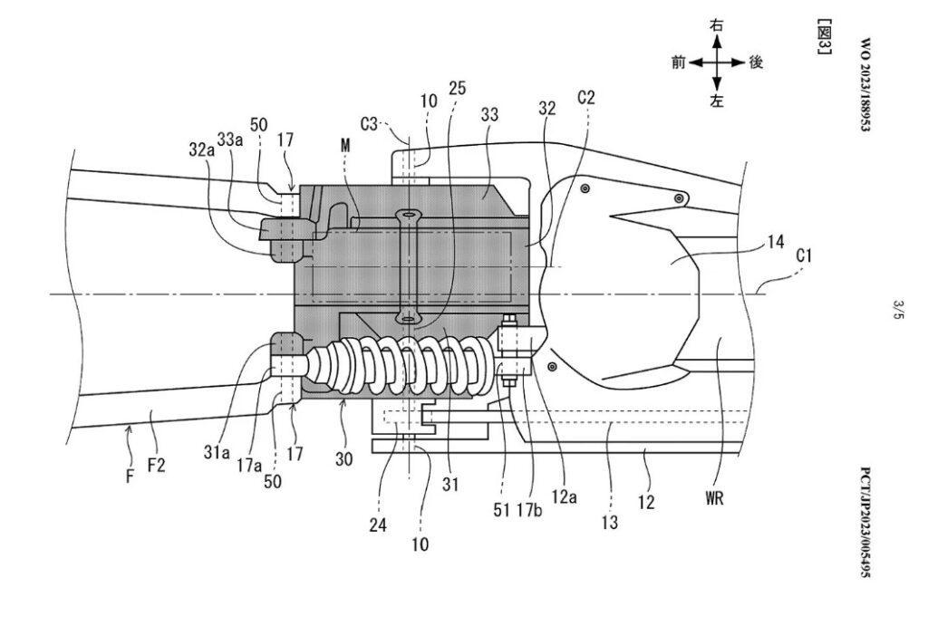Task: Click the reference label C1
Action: pos(804,256)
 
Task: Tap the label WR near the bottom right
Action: pos(714,498)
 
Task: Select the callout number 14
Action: pos(776,242)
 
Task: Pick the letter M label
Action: pos(345,145)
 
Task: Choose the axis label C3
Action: pos(368,124)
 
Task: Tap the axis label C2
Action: pos(586,98)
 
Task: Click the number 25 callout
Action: pos(458,89)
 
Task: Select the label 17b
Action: pos(528,509)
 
